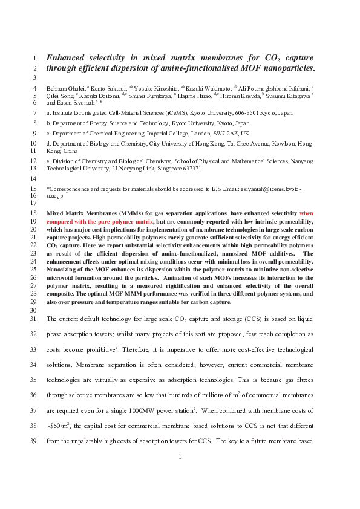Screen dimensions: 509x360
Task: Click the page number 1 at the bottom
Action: [x=180, y=473]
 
